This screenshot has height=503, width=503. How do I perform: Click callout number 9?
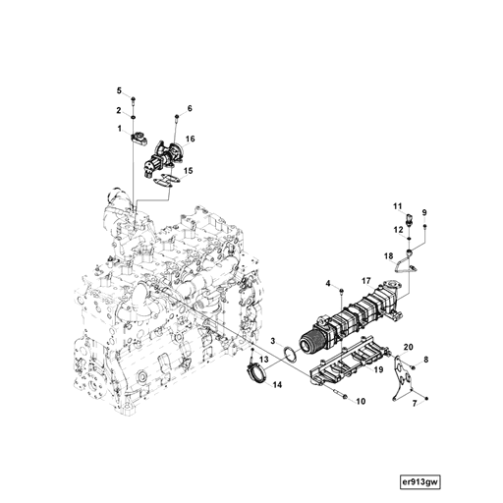tap(424, 213)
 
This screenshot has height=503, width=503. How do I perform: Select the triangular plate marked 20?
tap(399, 372)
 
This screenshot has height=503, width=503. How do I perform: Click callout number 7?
tap(414, 403)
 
